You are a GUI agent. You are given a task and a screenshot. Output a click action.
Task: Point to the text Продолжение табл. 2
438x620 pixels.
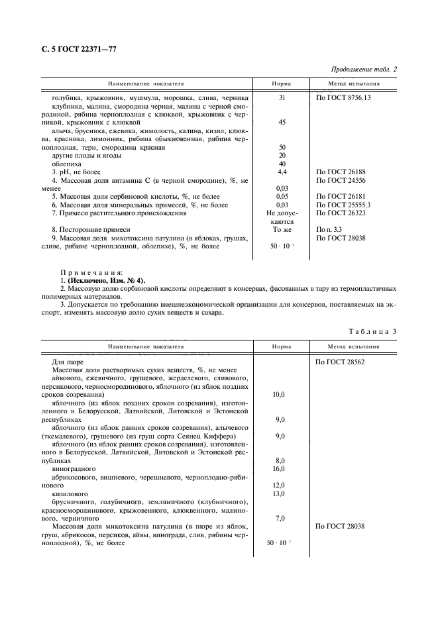[x=363, y=70]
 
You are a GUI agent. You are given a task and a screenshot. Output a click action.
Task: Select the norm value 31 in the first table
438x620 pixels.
[x=282, y=98]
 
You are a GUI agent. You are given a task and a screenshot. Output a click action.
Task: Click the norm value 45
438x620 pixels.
[x=282, y=123]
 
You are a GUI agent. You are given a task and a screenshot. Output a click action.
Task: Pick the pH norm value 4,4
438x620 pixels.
[x=282, y=172]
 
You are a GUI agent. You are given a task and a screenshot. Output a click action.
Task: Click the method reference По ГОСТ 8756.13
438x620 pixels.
[x=343, y=98]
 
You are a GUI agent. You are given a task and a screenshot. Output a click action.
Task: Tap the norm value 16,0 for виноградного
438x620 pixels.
[x=279, y=468]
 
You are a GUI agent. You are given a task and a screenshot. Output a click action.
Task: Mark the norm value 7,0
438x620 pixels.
[x=279, y=518]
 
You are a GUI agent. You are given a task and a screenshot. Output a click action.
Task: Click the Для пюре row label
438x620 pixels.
[x=66, y=362]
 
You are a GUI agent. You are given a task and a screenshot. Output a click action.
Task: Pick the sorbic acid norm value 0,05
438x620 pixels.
[x=282, y=196]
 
